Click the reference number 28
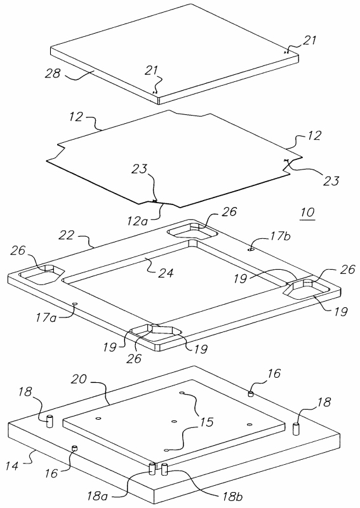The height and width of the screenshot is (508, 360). (x=53, y=73)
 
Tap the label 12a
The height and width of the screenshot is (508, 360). (x=138, y=220)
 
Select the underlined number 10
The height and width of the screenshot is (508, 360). (x=307, y=213)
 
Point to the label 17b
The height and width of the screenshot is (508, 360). (x=279, y=236)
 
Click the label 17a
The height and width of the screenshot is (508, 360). (x=46, y=317)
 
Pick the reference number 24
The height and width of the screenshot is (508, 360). (x=166, y=272)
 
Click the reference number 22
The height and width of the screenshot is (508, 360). (x=67, y=235)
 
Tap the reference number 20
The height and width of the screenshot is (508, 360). (x=79, y=379)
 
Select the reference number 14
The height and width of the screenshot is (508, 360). (x=12, y=466)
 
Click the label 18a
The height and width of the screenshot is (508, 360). (x=97, y=496)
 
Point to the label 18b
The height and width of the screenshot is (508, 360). (x=232, y=497)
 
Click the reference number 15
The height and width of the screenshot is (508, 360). (x=207, y=422)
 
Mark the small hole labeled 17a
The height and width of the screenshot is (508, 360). (x=75, y=304)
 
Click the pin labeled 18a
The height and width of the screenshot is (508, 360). (x=152, y=469)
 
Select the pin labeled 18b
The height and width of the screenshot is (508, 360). (x=164, y=469)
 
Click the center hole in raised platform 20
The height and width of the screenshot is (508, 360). (x=174, y=422)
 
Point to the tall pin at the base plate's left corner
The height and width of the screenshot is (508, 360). (x=50, y=421)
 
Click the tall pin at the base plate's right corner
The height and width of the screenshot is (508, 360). (x=296, y=429)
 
